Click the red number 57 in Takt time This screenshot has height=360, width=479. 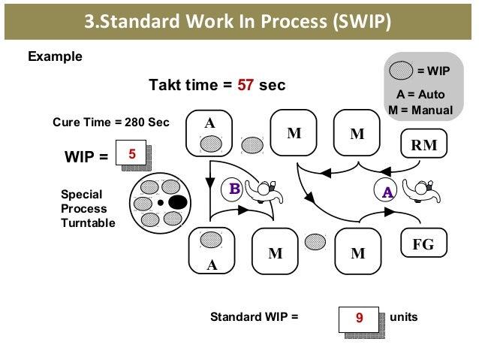[246, 86]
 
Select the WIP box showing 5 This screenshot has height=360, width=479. [132, 155]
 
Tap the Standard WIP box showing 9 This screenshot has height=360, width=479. [359, 318]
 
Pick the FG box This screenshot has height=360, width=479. [423, 245]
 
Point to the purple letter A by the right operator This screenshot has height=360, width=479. [387, 192]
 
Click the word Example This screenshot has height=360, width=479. [55, 57]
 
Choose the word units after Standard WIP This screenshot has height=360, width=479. [402, 317]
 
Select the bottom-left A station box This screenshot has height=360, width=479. [211, 250]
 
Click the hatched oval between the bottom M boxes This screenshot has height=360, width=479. [316, 241]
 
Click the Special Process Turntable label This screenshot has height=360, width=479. [88, 208]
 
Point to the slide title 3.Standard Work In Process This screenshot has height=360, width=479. [238, 20]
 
